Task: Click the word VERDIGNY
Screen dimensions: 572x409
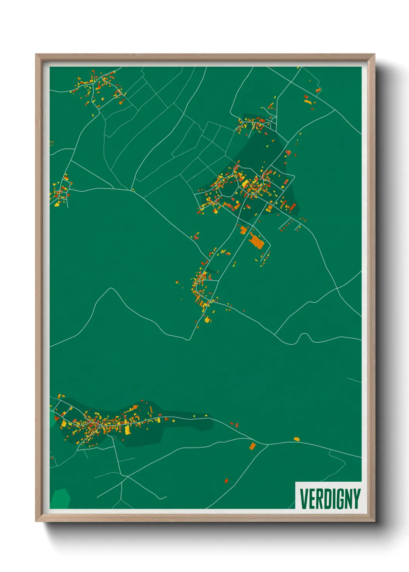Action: coord(330,499)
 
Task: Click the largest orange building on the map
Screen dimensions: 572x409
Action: coord(256,242)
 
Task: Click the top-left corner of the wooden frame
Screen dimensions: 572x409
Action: coord(36,54)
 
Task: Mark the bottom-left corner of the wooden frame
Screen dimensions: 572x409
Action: coord(36,521)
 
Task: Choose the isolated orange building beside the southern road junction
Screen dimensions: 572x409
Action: coord(252,446)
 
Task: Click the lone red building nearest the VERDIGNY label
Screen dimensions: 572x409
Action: coord(227,481)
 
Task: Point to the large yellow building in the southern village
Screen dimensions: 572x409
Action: coord(127,430)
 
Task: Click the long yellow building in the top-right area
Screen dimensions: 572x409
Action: coord(308,102)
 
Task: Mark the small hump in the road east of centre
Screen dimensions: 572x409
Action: coord(305,336)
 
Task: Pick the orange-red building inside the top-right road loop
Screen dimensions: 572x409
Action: coord(318,90)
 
